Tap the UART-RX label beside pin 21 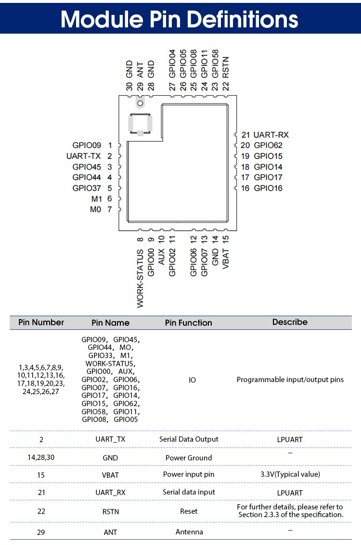click(x=271, y=135)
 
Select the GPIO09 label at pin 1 click(x=87, y=145)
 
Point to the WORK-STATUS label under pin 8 click(x=140, y=278)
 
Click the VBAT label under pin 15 click(x=226, y=258)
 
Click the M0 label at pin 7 click(x=95, y=210)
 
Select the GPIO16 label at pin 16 click(x=268, y=188)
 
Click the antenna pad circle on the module click(x=141, y=102)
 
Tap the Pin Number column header click(x=41, y=322)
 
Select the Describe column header click(x=290, y=322)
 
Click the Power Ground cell click(x=189, y=458)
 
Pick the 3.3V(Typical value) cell click(x=290, y=474)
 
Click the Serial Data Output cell click(x=189, y=439)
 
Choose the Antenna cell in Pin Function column click(x=189, y=532)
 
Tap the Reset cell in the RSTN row click(x=189, y=511)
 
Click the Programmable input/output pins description click(x=290, y=380)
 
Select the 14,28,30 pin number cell click(x=41, y=458)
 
